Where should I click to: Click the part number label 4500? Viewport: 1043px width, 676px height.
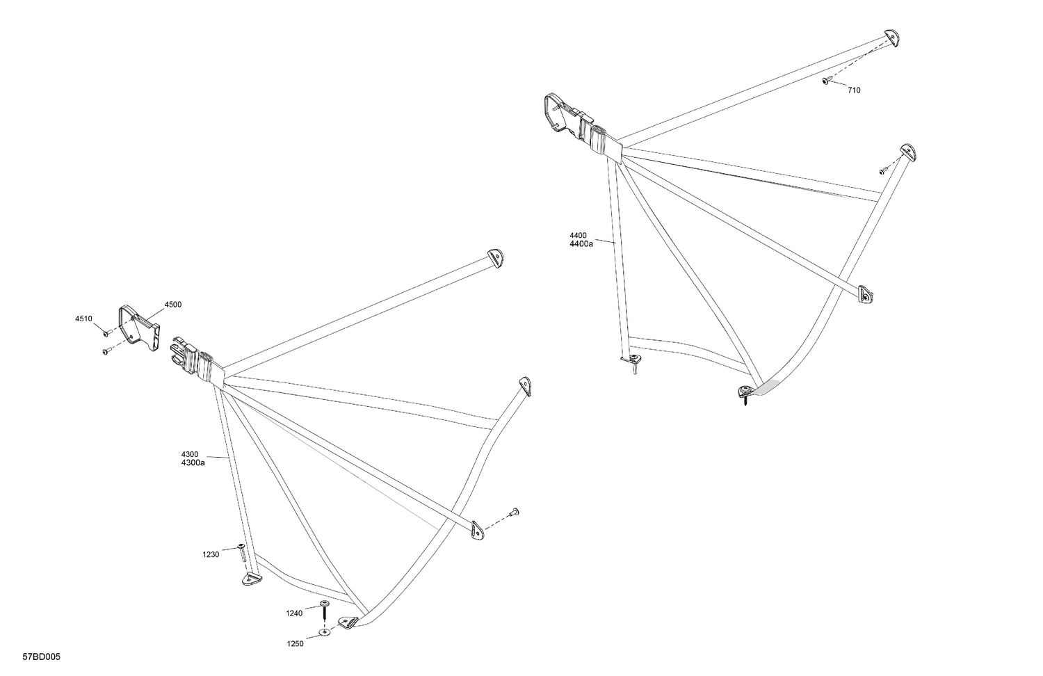point(172,305)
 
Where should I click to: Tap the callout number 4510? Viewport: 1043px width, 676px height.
point(84,319)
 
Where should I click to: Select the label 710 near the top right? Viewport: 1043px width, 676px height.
point(854,90)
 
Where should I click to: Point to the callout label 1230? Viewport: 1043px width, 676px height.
point(211,554)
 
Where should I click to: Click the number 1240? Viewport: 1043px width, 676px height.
point(294,613)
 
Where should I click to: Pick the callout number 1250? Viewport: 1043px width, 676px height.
point(296,644)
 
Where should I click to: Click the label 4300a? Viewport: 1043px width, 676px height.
point(193,462)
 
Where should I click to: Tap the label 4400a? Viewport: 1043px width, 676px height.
point(581,244)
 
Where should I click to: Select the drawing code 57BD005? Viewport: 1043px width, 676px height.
point(42,657)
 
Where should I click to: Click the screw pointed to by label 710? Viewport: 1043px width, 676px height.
point(825,81)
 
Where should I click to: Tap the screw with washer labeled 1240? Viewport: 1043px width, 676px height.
point(325,610)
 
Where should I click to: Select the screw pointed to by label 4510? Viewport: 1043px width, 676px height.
point(106,333)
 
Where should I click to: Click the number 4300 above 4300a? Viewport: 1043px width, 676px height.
point(190,454)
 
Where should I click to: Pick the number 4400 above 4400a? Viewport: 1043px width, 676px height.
point(578,236)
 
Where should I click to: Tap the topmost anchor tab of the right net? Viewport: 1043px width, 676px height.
point(891,38)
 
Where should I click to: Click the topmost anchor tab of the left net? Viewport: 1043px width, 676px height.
point(495,257)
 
